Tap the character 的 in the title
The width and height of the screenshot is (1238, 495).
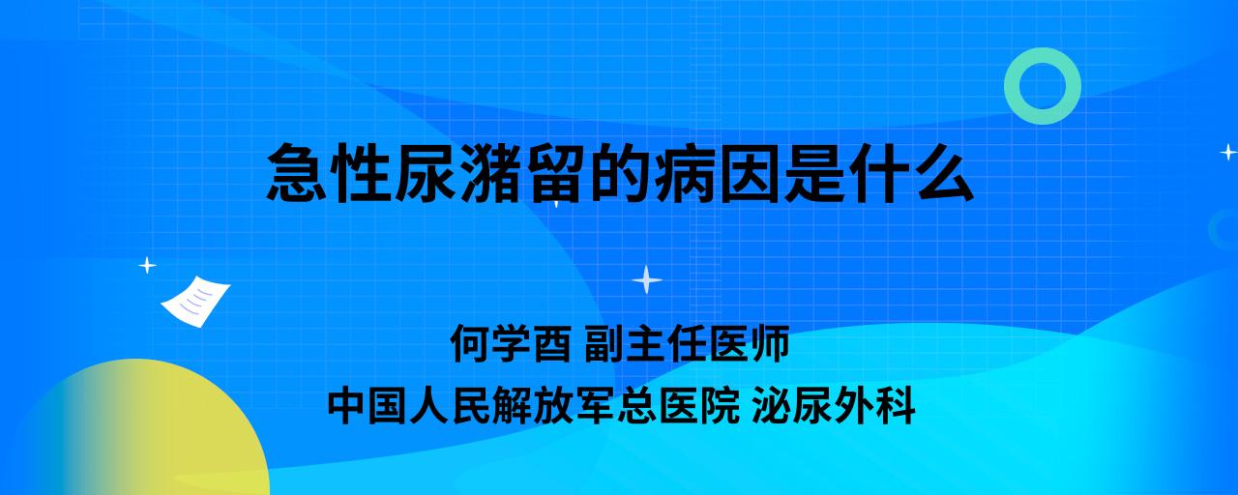coord(618,173)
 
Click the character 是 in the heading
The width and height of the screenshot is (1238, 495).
coord(813,173)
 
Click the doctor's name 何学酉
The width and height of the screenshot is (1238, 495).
coord(511,343)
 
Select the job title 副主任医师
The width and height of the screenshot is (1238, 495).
coord(687,343)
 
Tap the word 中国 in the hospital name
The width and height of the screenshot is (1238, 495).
coord(368,405)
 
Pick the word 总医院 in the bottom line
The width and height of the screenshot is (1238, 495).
coord(679,405)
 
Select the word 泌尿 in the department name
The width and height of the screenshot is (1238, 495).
coord(792,405)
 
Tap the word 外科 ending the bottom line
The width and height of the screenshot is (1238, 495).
coord(874,405)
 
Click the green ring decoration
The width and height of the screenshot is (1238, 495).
coord(1043,55)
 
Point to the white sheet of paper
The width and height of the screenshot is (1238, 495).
coord(195,302)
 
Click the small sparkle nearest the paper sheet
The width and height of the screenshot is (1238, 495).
coord(147,266)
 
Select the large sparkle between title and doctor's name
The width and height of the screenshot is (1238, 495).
coord(647,280)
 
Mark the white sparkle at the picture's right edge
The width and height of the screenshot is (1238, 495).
coord(1228,152)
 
